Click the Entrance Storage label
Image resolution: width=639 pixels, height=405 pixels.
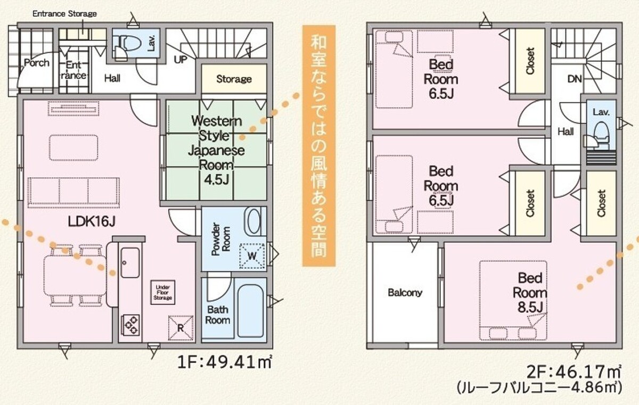point(64,14)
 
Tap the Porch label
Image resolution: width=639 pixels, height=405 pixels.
point(37,63)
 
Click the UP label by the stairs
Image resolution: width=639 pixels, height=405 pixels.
point(181,60)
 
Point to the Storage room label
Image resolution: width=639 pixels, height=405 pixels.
point(234,79)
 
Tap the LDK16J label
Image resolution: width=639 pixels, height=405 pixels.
point(92,221)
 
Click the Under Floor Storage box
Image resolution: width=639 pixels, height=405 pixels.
point(163,292)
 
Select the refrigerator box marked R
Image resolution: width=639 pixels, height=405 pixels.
point(181,328)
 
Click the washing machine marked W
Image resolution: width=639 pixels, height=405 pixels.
point(252,255)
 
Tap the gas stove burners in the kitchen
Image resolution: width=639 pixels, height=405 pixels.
point(131,325)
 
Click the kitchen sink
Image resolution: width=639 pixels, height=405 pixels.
point(130,262)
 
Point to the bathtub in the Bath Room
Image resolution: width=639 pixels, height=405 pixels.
point(250,311)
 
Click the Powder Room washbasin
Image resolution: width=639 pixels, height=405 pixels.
point(252,221)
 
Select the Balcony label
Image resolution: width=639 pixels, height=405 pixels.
point(405,292)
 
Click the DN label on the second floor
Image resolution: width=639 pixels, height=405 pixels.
point(575,79)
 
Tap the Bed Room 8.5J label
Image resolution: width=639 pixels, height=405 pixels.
point(530,293)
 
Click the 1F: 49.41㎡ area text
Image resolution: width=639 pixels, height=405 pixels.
point(225,362)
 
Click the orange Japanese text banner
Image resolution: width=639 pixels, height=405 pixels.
point(318,146)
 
